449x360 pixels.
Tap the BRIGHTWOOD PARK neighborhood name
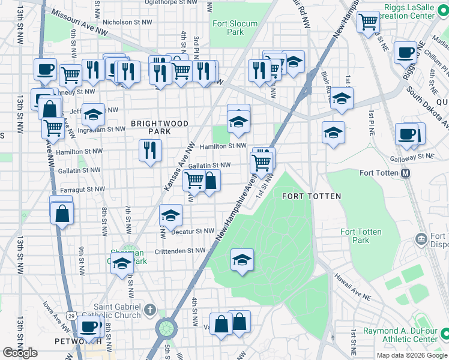(160, 127)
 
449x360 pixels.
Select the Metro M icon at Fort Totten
(405, 173)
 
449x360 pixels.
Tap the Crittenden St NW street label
(180, 251)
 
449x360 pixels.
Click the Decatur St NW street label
(193, 230)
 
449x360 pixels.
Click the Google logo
(20, 353)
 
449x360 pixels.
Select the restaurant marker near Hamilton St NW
(150, 150)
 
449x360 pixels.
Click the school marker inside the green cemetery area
(242, 260)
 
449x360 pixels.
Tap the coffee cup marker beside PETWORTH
(89, 327)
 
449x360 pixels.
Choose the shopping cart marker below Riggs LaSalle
(368, 22)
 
